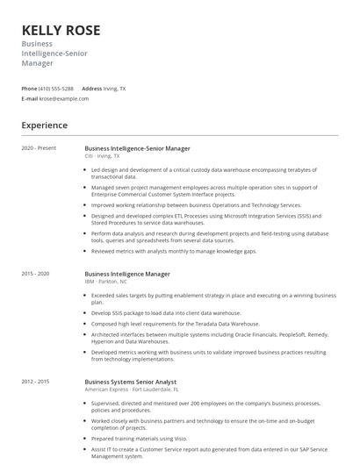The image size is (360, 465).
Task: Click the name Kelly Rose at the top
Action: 61,30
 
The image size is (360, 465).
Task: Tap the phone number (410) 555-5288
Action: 56,89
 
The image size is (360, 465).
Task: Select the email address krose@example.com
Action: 64,98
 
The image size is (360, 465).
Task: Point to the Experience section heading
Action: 45,125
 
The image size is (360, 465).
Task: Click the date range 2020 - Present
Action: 39,148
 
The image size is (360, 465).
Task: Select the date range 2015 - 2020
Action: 36,274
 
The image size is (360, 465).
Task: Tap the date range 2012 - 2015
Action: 36,382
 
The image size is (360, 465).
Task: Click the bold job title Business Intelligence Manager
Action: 127,274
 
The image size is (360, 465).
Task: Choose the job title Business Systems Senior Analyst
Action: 131,382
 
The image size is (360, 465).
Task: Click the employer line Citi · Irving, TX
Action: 103,156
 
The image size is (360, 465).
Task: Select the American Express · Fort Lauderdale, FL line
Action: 130,390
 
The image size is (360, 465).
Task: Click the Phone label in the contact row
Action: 29,89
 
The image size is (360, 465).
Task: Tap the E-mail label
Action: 30,98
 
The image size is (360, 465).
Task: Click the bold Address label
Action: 91,89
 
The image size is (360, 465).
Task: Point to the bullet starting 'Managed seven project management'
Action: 204,190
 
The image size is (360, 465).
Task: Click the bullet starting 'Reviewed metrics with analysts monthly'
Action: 174,251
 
